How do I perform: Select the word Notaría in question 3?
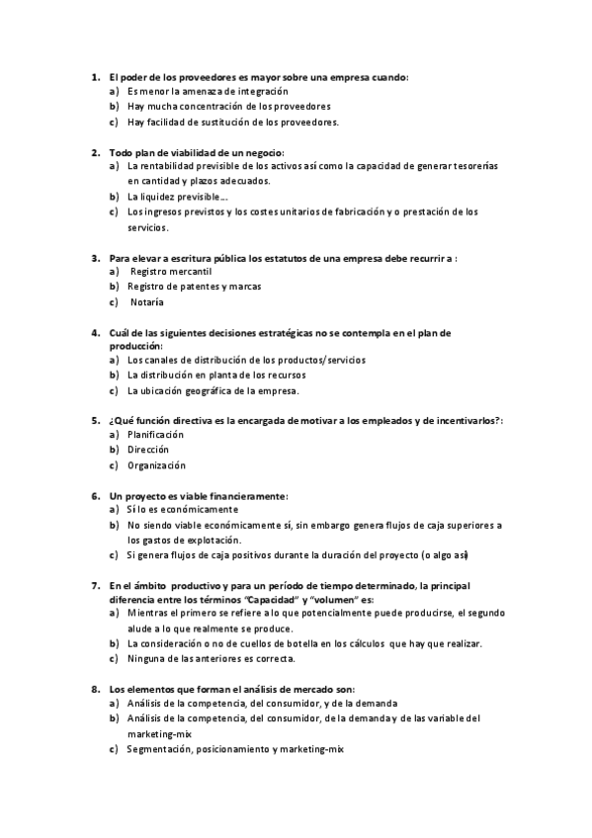coord(147,301)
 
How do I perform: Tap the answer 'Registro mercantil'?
coord(171,271)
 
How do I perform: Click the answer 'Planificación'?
coord(156,435)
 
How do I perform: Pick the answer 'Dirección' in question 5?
coord(148,450)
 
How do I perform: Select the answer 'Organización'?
coord(156,465)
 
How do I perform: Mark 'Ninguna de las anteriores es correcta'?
coord(211,658)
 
